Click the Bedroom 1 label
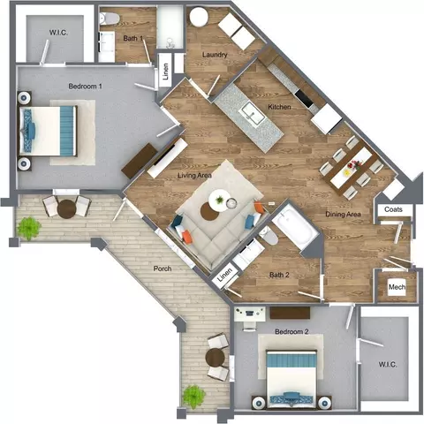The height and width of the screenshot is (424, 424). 85,87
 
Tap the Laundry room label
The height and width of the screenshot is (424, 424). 215,55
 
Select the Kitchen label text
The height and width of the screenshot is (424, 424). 279,107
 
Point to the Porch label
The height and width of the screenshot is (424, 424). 163,269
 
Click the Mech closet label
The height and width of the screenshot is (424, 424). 397,287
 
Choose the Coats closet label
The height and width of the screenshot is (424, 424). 393,209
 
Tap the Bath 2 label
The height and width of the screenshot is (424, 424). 279,275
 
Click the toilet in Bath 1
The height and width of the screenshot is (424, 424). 110,19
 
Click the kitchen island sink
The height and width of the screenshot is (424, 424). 253,116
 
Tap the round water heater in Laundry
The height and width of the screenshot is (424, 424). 199,17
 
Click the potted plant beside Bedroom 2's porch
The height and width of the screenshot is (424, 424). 193,397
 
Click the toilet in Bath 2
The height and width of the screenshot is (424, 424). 269,235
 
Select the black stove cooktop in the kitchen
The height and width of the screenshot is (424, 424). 304,98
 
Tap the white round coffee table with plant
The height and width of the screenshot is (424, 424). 219,201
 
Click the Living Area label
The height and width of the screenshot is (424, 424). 194,176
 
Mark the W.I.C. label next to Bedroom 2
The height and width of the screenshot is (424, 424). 388,365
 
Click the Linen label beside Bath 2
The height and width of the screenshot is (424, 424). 225,275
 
